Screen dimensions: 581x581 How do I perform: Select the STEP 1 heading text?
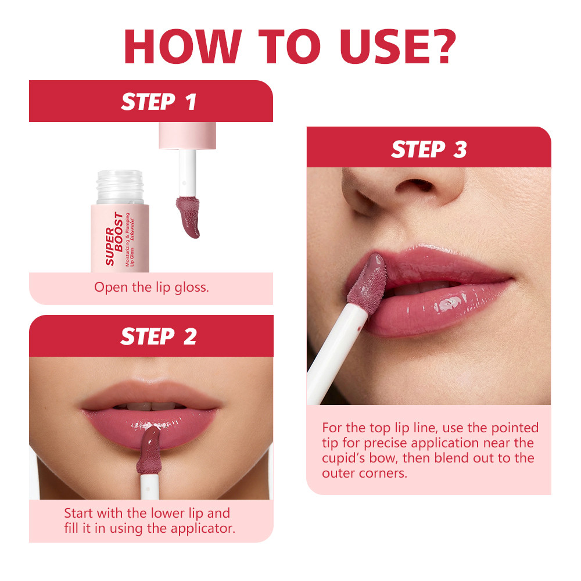159,102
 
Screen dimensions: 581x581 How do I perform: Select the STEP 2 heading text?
159,336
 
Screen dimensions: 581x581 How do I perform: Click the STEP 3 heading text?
429,149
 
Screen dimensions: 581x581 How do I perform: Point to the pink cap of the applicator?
188,135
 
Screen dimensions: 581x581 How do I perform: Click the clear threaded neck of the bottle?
120,187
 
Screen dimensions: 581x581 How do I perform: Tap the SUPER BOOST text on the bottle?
114,239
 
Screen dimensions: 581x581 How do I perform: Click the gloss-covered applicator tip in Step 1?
188,217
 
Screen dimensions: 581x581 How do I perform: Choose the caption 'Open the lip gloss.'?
151,287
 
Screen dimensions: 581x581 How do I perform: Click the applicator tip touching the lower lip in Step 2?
149,450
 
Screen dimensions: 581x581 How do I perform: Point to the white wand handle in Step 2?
149,486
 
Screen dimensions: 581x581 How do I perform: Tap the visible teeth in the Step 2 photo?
151,406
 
